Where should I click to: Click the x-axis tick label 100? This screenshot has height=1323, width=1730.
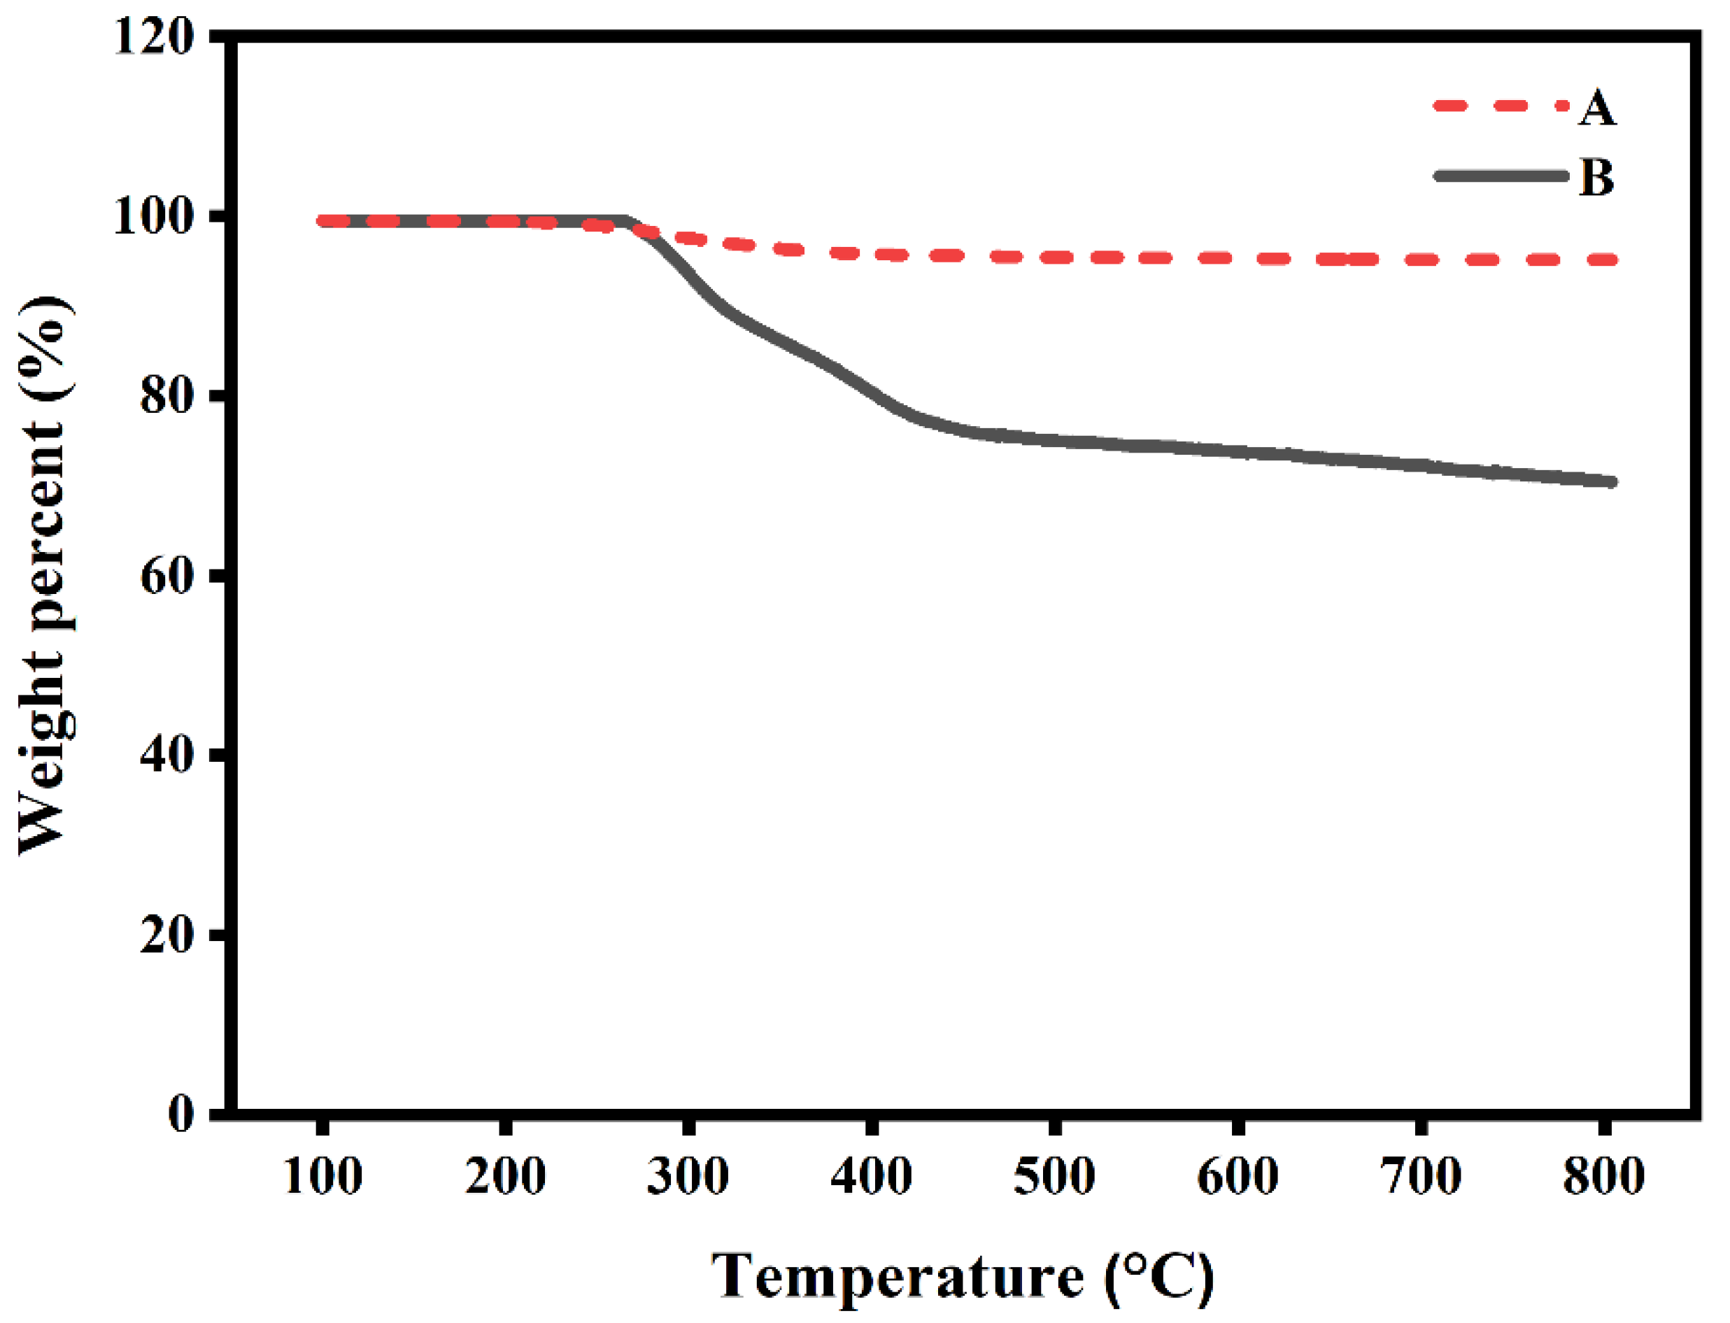point(322,1177)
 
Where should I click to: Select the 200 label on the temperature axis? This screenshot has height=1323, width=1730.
point(505,1177)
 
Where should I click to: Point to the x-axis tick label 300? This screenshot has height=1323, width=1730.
point(688,1177)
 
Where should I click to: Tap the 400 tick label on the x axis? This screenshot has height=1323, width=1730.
point(871,1177)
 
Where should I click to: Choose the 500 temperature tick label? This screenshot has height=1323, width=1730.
point(1054,1177)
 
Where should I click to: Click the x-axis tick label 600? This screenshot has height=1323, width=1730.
point(1237,1177)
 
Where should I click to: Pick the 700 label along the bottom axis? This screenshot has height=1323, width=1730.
point(1421,1177)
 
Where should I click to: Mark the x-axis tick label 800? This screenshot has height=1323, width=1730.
point(1603,1177)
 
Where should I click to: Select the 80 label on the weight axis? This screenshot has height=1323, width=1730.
point(167,396)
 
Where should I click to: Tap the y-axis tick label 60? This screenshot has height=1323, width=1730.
point(167,576)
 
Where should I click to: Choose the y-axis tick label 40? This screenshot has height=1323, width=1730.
point(167,755)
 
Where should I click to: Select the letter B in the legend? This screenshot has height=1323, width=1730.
point(1596,177)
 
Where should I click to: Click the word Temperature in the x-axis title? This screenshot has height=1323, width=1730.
point(897,1275)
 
